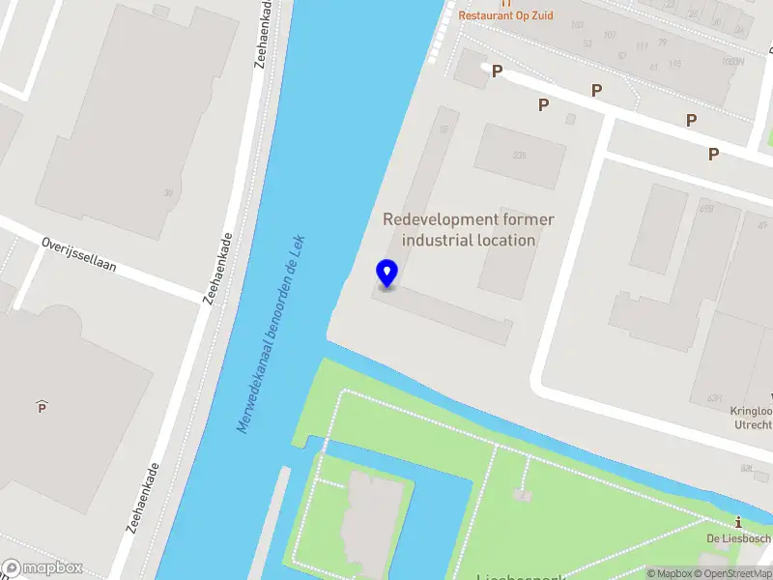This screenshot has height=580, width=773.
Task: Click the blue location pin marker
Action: click(x=386, y=274)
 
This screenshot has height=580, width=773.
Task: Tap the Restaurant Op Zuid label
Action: click(x=505, y=15)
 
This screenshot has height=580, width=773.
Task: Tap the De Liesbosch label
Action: click(x=738, y=538)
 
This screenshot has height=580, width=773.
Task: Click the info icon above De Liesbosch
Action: click(x=739, y=522)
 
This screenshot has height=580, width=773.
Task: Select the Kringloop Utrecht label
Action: click(x=751, y=418)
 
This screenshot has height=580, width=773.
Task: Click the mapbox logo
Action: click(x=43, y=568)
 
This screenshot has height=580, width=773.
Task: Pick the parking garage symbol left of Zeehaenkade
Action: click(x=42, y=407)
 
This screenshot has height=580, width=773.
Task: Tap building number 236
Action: click(x=520, y=156)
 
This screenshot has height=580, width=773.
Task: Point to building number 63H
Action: click(x=715, y=397)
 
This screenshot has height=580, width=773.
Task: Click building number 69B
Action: click(x=705, y=207)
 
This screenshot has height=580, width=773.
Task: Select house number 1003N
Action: click(x=732, y=61)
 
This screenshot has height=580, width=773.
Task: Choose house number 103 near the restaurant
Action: click(x=578, y=25)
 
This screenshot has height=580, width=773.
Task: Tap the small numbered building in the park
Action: click(x=523, y=495)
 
